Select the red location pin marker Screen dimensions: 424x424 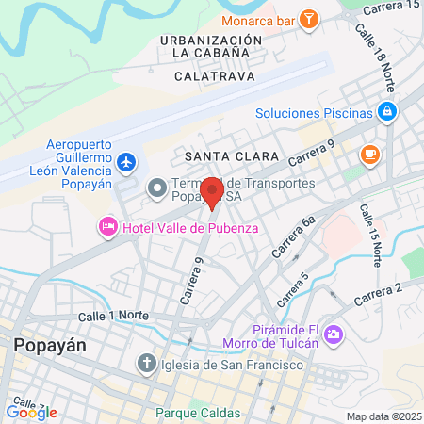[x=211, y=191]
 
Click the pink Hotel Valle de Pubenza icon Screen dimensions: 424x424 [x=108, y=227]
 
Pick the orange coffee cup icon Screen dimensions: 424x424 [x=370, y=153]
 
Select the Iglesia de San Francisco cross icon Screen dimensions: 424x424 [x=146, y=363]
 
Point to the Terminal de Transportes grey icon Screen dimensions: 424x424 [x=155, y=190]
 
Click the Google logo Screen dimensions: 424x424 [x=31, y=412]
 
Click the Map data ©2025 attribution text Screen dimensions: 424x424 [x=383, y=416]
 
